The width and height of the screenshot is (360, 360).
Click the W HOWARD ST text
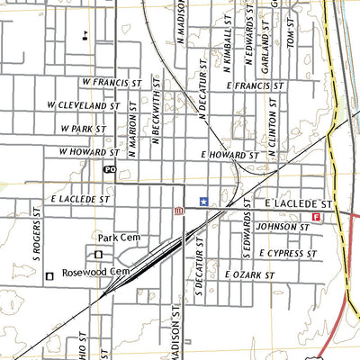89,152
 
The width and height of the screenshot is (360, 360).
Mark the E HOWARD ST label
230,156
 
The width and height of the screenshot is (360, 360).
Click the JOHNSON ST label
283,228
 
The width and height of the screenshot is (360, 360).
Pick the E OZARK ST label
248,274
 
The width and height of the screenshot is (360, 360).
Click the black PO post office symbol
110,169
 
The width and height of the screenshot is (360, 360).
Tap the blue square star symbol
202,202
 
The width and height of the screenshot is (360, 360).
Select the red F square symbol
316,217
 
